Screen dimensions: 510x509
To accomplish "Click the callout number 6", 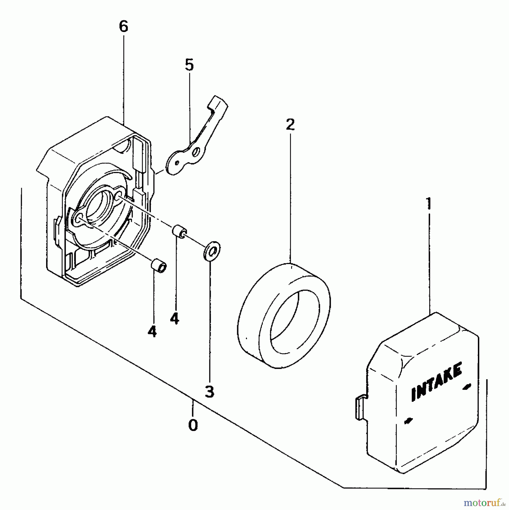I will coord(124,27).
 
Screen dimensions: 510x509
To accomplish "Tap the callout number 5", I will coord(189,65).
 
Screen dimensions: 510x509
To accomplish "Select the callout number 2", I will coord(290,125).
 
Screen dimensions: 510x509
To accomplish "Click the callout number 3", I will coord(209,392).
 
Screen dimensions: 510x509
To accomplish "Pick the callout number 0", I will coord(193,425).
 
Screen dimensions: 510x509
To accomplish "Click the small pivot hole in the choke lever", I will coord(177,163).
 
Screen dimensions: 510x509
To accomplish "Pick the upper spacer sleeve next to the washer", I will coord(179,230).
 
